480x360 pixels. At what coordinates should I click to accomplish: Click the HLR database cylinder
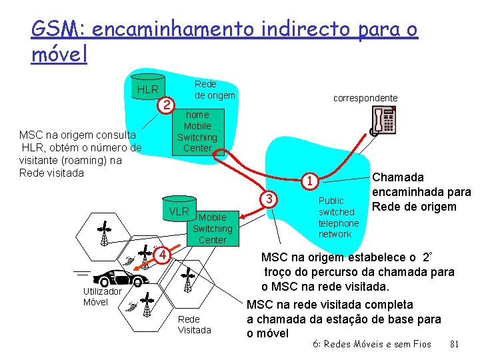[147, 89]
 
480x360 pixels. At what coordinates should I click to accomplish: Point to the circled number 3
[269, 198]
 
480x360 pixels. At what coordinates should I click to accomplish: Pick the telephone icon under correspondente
[385, 121]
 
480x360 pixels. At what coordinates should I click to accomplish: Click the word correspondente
[365, 98]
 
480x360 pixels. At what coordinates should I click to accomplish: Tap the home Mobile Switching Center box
[197, 131]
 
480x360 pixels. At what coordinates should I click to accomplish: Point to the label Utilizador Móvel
[102, 297]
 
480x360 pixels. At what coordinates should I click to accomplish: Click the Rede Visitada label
[194, 325]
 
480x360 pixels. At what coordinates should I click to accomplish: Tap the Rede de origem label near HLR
[214, 89]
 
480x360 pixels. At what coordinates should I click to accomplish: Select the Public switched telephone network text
[338, 217]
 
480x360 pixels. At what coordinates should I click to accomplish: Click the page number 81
[456, 345]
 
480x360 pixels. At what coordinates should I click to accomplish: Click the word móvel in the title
[59, 55]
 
